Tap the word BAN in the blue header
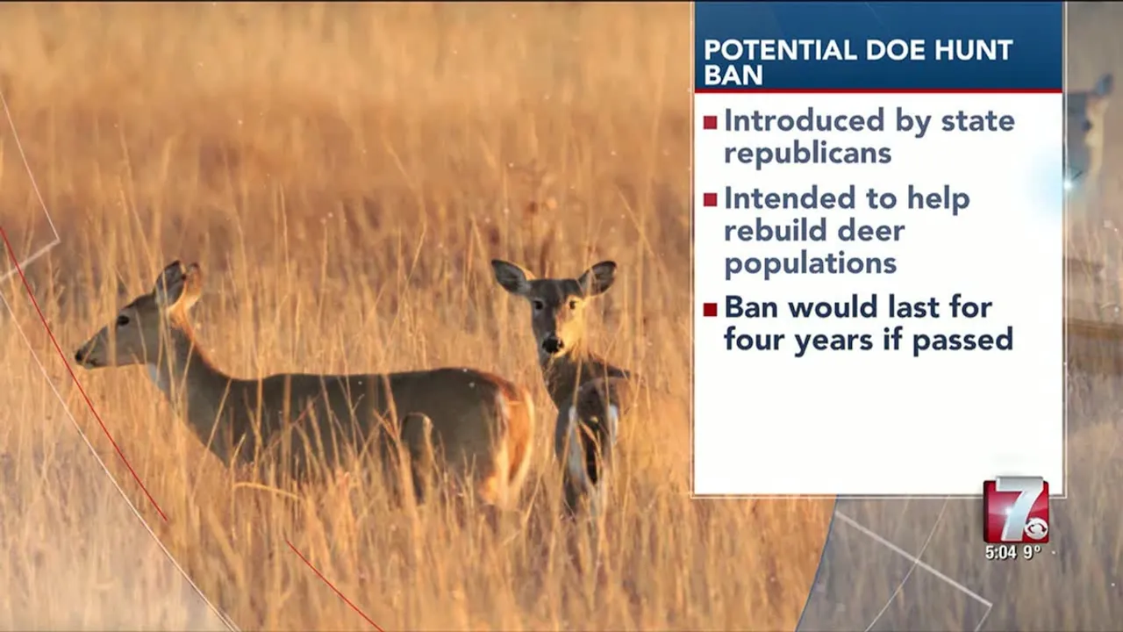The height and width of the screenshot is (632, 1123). [x=733, y=75]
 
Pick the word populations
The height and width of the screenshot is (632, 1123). [x=810, y=263]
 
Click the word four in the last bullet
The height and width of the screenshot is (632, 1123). [x=755, y=340]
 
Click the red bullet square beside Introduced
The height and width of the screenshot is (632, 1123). [x=710, y=123]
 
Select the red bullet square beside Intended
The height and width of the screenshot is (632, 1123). [x=710, y=200]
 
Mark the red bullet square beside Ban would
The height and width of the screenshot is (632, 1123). [x=710, y=309]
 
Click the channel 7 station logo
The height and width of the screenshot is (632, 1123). [x=1015, y=510]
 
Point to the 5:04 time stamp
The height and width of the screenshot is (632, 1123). [x=1000, y=552]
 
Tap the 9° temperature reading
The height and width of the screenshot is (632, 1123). [x=1032, y=552]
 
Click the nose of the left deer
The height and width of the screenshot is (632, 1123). [x=81, y=356]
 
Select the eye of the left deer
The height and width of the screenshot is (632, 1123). [x=123, y=320]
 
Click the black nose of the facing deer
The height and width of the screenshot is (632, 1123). [x=552, y=345]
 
